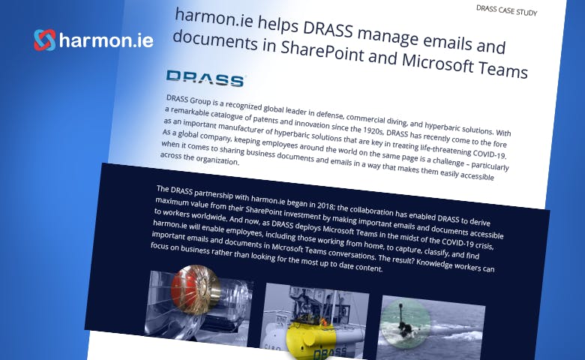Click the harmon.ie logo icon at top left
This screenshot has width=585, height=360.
pos(45,40)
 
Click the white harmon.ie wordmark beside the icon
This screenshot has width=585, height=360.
pos(106,40)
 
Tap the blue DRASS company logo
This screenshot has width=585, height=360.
pos(205,78)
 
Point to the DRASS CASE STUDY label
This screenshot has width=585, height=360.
pos(507,10)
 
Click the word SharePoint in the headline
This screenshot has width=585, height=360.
pos(322,52)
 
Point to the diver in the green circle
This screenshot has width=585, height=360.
pos(405,325)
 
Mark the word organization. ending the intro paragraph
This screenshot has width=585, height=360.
pos(217,160)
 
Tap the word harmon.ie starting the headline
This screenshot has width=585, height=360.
pos(214,19)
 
